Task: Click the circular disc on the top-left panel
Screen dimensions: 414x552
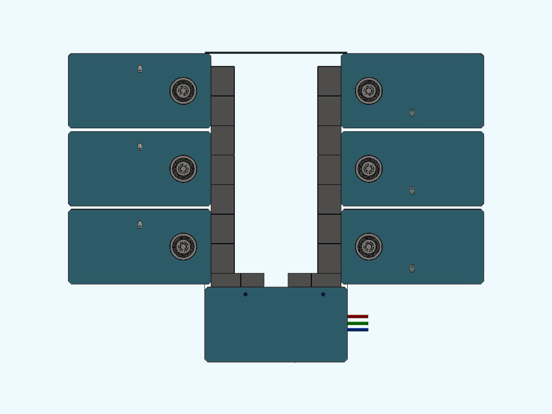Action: pos(183,91)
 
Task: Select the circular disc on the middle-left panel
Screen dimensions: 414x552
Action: pos(183,169)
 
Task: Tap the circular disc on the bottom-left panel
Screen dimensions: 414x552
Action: pos(183,247)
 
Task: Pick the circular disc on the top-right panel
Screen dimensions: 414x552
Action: pos(369,91)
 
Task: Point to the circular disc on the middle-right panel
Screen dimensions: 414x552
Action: pos(369,169)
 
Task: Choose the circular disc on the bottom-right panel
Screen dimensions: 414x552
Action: pos(369,247)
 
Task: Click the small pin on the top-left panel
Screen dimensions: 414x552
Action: pos(140,69)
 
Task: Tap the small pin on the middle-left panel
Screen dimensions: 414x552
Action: pos(140,147)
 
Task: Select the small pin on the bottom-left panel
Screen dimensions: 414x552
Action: pos(140,224)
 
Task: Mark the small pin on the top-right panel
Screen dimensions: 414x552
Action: pos(412,113)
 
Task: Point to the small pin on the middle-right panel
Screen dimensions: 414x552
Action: pos(412,191)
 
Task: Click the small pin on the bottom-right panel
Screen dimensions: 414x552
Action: pos(412,269)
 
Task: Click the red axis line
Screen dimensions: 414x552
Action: pos(358,316)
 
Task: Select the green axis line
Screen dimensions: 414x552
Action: pos(358,323)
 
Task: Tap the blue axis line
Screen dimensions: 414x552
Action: pos(358,330)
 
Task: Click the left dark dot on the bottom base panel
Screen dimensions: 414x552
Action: pos(245,294)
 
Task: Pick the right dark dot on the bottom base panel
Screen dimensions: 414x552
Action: pos(323,294)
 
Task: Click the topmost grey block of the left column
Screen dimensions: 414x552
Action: pos(223,81)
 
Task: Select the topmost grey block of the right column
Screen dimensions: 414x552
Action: pos(329,81)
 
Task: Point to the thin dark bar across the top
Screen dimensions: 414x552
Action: pos(276,53)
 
